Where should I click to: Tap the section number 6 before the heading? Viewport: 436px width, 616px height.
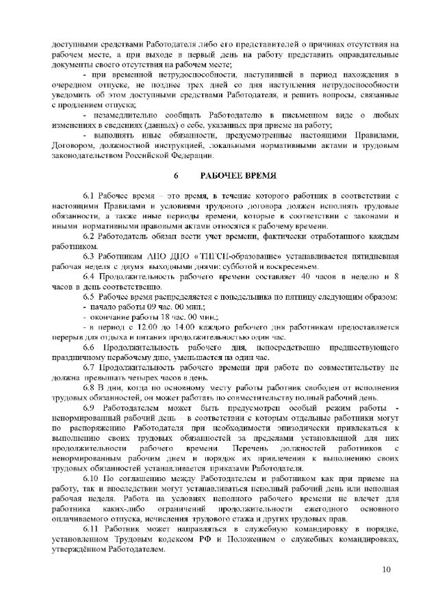coord(176,176)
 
